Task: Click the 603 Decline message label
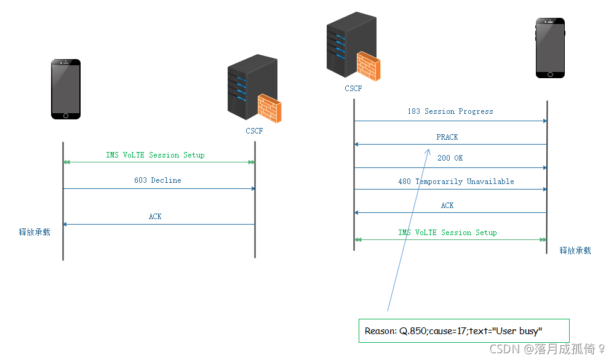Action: pyautogui.click(x=157, y=180)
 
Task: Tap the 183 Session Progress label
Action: pyautogui.click(x=450, y=111)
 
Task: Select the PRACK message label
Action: pyautogui.click(x=447, y=137)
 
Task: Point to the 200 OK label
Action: pyautogui.click(x=450, y=158)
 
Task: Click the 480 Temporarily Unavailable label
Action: pyautogui.click(x=456, y=182)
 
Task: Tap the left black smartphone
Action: pyautogui.click(x=65, y=89)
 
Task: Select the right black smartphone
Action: pyautogui.click(x=549, y=47)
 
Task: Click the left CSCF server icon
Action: pyautogui.click(x=254, y=90)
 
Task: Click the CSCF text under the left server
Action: pyautogui.click(x=254, y=130)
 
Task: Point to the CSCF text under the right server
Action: pyautogui.click(x=353, y=89)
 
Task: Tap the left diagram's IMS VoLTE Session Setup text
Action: pyautogui.click(x=155, y=155)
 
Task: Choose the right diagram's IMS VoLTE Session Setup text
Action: pyautogui.click(x=447, y=233)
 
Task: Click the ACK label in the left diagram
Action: pyautogui.click(x=155, y=217)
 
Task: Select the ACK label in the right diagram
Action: pyautogui.click(x=447, y=206)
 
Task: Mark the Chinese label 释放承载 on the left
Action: pyautogui.click(x=34, y=232)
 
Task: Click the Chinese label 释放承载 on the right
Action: pyautogui.click(x=575, y=250)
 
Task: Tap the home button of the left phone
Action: pyautogui.click(x=65, y=115)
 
